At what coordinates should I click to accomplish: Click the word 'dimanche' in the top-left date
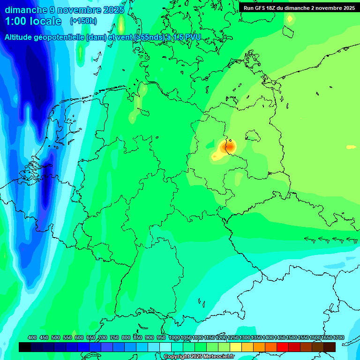point(26,9)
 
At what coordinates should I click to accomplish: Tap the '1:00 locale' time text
point(33,21)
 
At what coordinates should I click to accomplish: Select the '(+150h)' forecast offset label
point(83,21)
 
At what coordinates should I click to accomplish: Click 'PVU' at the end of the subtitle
point(192,37)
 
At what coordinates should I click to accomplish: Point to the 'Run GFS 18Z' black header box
point(299,7)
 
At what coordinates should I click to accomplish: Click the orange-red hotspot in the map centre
point(230,147)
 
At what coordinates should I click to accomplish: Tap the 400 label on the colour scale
point(32,337)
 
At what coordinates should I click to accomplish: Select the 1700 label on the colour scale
point(338,337)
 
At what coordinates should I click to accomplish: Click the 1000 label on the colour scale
point(174,337)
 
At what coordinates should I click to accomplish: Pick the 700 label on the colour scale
point(103,337)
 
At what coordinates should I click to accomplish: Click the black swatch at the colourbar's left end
point(25,347)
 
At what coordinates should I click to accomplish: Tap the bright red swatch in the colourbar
point(283,347)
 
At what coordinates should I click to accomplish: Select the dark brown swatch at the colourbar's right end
point(330,347)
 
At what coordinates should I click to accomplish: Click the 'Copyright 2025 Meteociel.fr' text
point(199,356)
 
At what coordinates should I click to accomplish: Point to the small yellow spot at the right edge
point(351,147)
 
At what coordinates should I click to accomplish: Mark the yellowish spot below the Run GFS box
point(290,19)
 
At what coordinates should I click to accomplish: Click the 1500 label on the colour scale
point(291,337)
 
